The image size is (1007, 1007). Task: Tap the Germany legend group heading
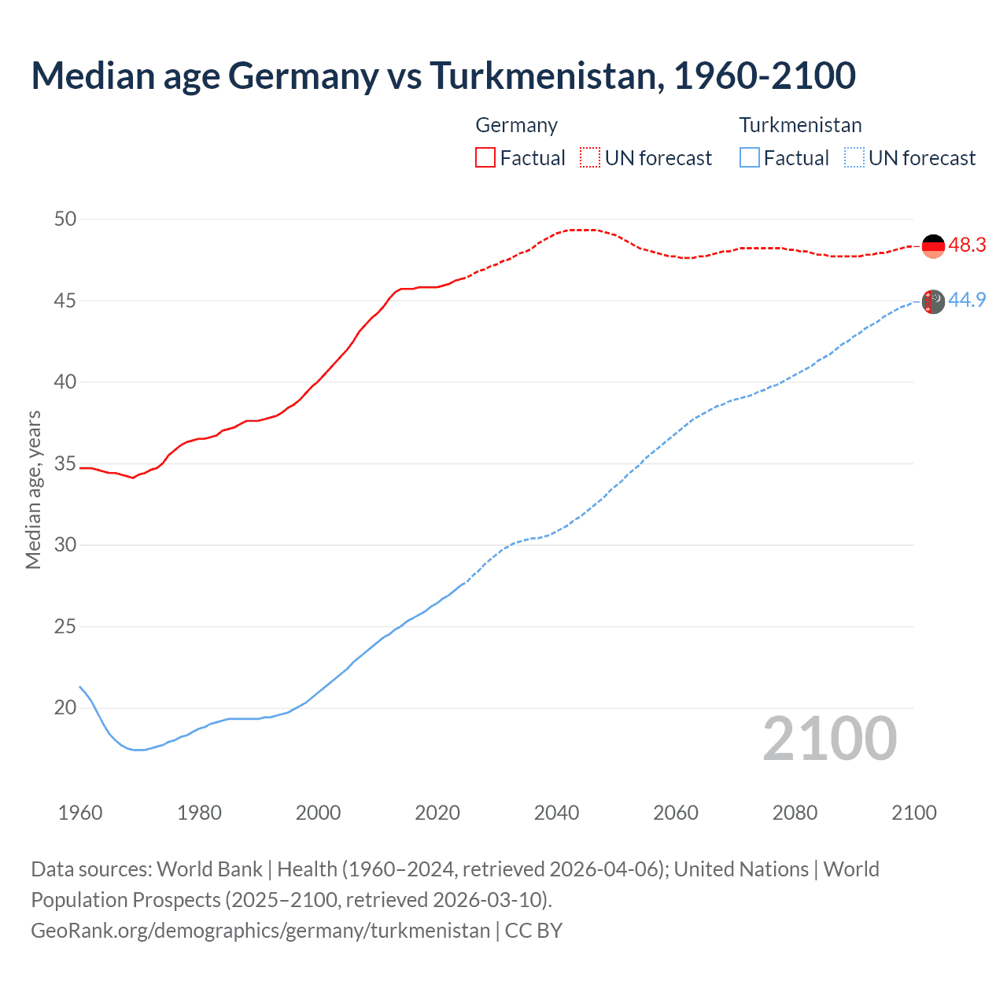pos(516,125)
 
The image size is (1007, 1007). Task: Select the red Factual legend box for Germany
pos(485,157)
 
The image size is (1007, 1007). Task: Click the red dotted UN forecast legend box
pos(590,157)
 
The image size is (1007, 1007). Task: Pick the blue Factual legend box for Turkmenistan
pos(750,157)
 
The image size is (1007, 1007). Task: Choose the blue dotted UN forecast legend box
pos(854,157)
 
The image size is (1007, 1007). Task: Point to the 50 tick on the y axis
pos(65,219)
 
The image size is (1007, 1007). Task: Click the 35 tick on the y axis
pos(65,463)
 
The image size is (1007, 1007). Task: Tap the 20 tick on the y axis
pos(65,707)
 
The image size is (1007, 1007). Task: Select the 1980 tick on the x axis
pos(199,813)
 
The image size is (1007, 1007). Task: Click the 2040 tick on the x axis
pos(556,813)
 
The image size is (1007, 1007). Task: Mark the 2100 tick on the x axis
pos(914,813)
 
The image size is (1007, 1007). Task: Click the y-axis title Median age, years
pos(33,489)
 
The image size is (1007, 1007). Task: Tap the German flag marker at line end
pos(933,245)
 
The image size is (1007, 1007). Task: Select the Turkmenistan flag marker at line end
pos(933,301)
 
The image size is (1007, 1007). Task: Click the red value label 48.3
pos(967,245)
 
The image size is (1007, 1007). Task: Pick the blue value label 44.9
pos(967,300)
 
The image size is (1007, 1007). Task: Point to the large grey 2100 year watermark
pos(830,739)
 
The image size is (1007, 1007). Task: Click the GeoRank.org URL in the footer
pos(260,931)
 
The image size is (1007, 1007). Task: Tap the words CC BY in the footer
pos(533,931)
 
